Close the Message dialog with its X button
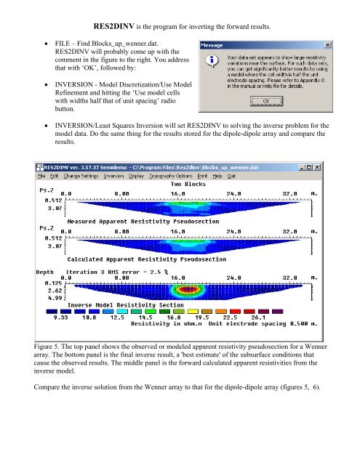(x=329, y=44)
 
